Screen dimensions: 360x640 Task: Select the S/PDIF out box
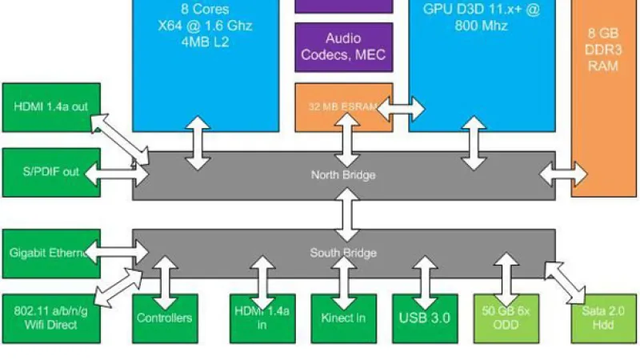50,172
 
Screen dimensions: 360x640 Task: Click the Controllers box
164,318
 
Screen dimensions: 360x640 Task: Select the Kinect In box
343,318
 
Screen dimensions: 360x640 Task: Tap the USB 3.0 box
425,318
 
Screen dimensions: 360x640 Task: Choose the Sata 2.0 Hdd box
603,318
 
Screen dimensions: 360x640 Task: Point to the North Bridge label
343,175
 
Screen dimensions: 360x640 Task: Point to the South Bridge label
343,254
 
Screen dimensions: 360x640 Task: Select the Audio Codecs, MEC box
343,46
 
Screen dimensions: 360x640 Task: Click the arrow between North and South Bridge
345,214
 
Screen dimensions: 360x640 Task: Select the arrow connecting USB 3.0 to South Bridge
423,276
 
